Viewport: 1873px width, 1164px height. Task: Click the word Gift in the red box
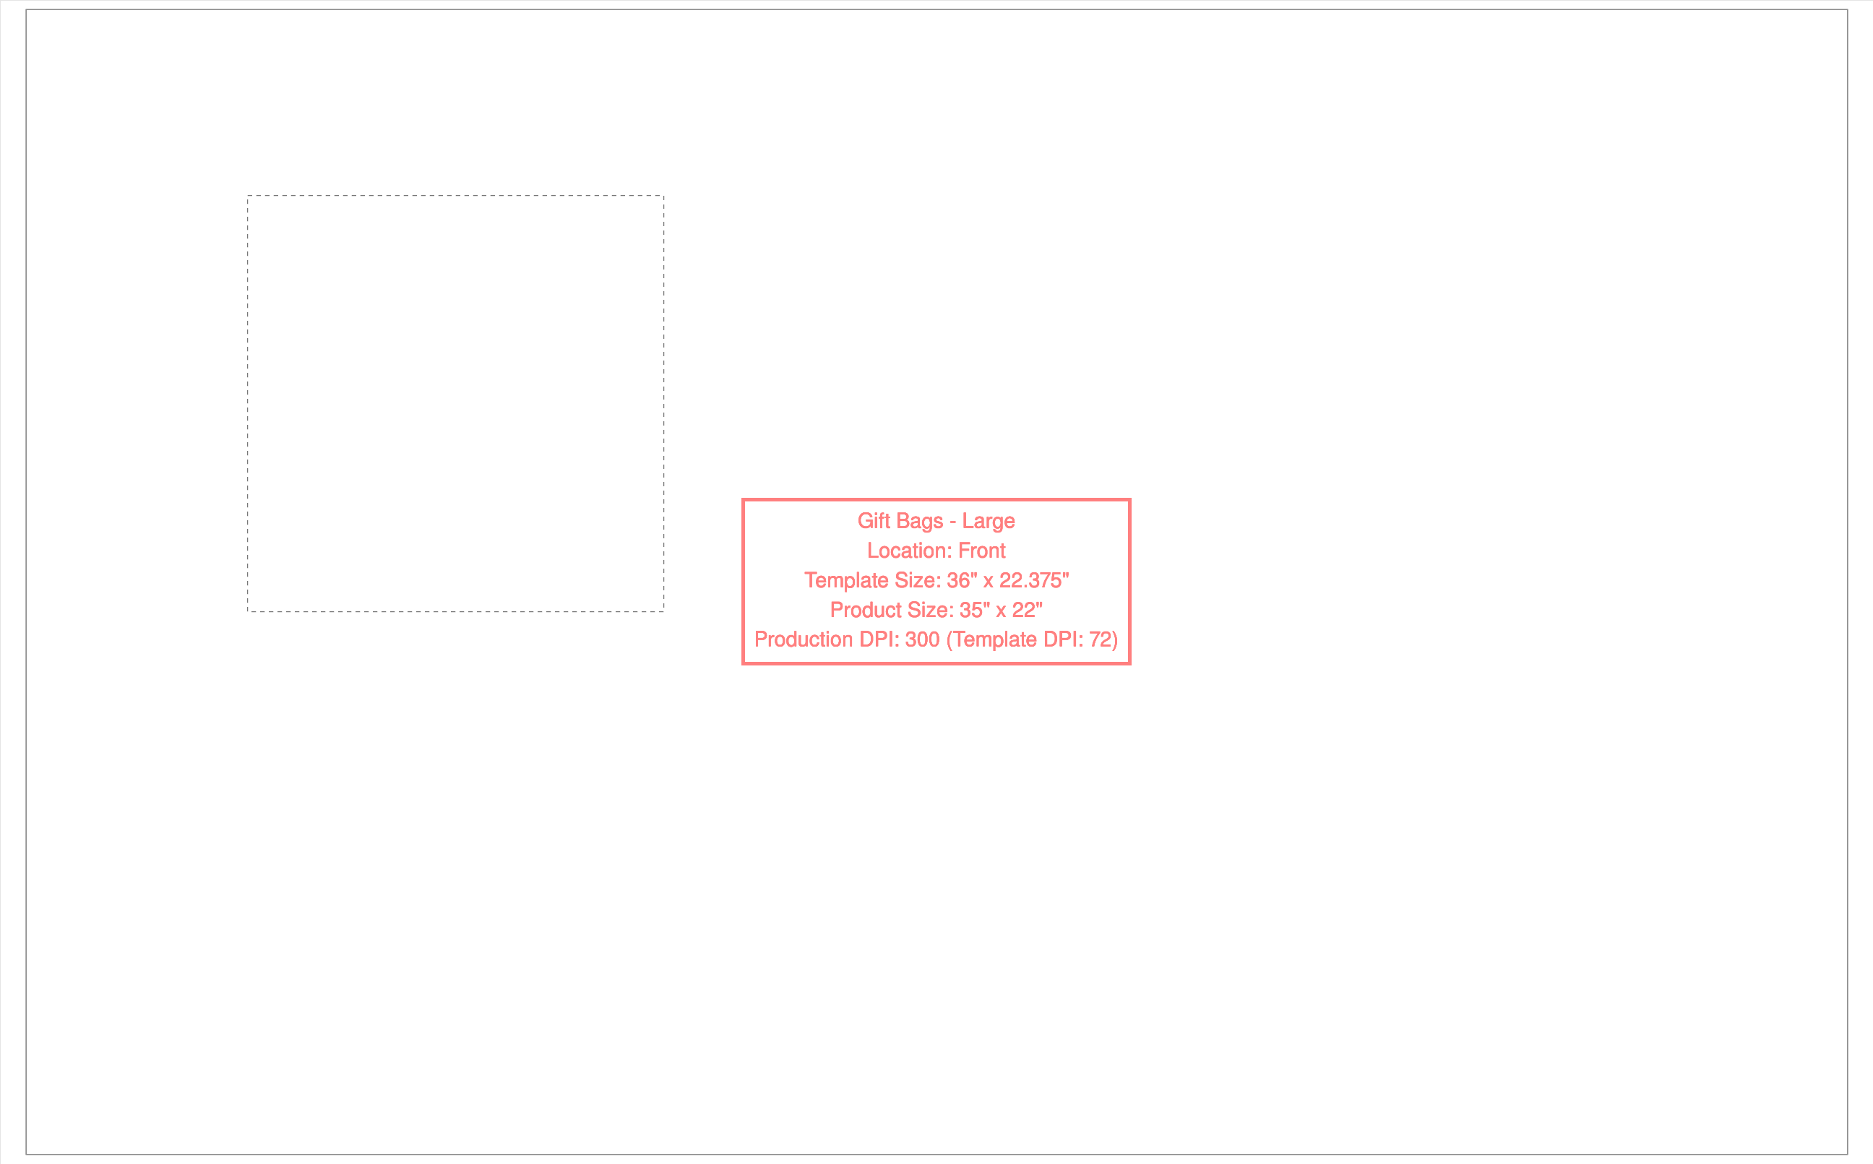[x=873, y=521]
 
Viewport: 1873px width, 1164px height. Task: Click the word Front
[x=981, y=551]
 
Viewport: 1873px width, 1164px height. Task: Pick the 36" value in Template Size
[x=963, y=579]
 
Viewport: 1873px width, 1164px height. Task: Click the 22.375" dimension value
[x=1034, y=579]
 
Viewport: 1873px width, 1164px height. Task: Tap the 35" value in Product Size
[x=975, y=610]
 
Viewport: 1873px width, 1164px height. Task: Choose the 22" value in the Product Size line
[x=1027, y=610]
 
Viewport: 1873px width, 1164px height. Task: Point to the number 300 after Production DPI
[x=922, y=639]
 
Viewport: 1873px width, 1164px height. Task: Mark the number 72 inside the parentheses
[x=1100, y=639]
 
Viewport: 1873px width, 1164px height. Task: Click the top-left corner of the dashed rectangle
[x=248, y=196]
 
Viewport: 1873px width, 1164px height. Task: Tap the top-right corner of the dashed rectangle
[x=663, y=196]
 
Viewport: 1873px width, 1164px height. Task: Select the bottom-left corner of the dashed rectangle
[x=248, y=611]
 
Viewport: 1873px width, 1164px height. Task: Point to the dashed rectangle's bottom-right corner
[x=663, y=611]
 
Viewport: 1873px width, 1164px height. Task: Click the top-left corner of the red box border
[x=743, y=499]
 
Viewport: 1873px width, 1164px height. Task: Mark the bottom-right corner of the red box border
[x=1129, y=663]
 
